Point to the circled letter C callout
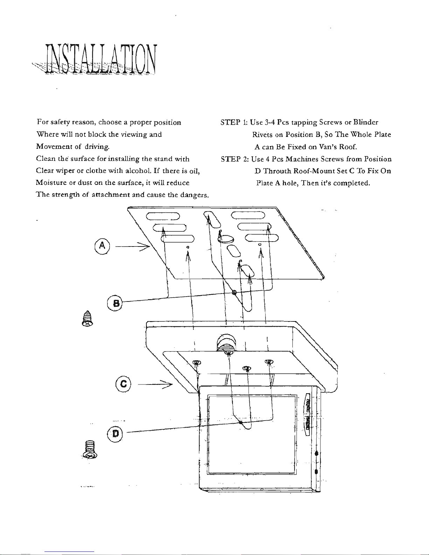click(123, 384)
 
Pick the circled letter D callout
click(115, 434)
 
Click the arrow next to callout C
click(155, 384)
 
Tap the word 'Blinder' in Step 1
click(366, 123)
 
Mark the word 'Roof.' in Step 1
click(348, 147)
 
